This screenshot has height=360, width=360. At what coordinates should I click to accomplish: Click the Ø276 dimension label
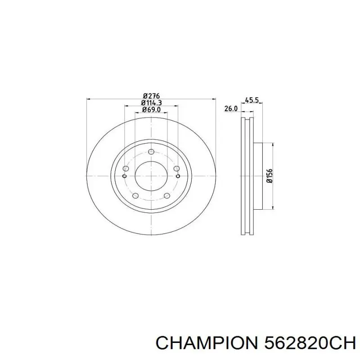pyautogui.click(x=151, y=95)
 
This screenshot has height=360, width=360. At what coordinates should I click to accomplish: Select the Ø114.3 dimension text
pyautogui.click(x=151, y=103)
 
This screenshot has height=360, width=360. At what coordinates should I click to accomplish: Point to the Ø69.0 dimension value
pyautogui.click(x=151, y=109)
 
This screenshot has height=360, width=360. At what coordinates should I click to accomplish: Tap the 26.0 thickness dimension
pyautogui.click(x=231, y=108)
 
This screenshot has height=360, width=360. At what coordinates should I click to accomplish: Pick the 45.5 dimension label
pyautogui.click(x=252, y=100)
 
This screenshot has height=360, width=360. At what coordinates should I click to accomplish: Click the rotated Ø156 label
pyautogui.click(x=270, y=176)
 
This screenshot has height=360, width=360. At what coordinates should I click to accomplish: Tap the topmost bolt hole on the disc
pyautogui.click(x=151, y=152)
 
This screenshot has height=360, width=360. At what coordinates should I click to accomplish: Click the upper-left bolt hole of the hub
pyautogui.click(x=126, y=169)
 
